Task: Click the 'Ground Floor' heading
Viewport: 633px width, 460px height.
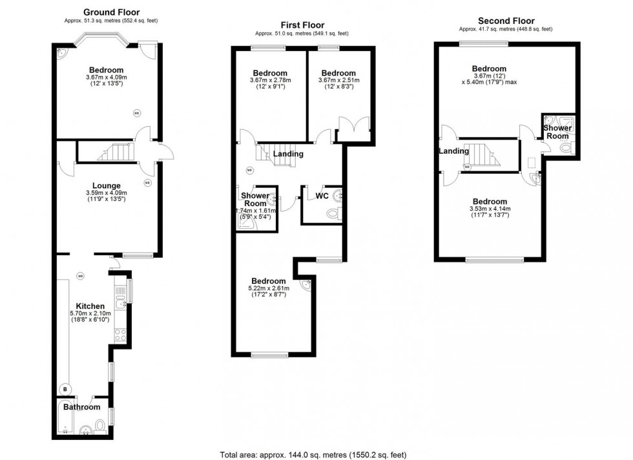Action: click(111, 12)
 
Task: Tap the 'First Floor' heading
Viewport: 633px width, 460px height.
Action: click(302, 24)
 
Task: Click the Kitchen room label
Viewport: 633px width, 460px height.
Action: click(90, 306)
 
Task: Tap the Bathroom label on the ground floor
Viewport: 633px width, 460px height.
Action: click(81, 407)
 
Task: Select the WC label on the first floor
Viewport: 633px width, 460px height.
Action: click(323, 195)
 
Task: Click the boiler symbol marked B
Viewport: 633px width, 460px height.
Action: click(65, 389)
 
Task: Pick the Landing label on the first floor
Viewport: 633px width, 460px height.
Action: click(288, 154)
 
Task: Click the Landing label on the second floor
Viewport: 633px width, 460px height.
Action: click(453, 151)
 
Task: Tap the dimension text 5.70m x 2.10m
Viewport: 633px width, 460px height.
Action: click(90, 313)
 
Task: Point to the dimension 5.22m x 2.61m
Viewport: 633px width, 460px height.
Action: click(268, 289)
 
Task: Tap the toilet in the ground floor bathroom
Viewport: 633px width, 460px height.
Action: click(100, 425)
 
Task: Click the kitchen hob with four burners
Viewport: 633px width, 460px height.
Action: click(120, 335)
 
